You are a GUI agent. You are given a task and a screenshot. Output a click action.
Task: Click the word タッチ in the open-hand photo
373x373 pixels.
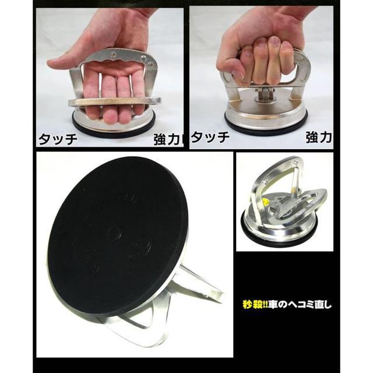pyautogui.click(x=58, y=139)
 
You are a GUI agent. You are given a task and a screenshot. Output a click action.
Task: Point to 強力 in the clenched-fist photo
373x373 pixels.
pyautogui.click(x=319, y=138)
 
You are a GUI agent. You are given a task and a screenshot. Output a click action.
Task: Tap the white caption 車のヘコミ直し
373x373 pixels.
pyautogui.click(x=299, y=304)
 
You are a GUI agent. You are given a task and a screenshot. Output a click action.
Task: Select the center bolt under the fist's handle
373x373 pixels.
pyautogui.click(x=265, y=93)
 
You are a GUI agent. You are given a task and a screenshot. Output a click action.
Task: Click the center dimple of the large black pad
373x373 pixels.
pyautogui.click(x=114, y=233)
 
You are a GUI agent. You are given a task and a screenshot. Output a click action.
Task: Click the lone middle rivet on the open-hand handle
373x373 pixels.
pyautogui.click(x=114, y=53)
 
